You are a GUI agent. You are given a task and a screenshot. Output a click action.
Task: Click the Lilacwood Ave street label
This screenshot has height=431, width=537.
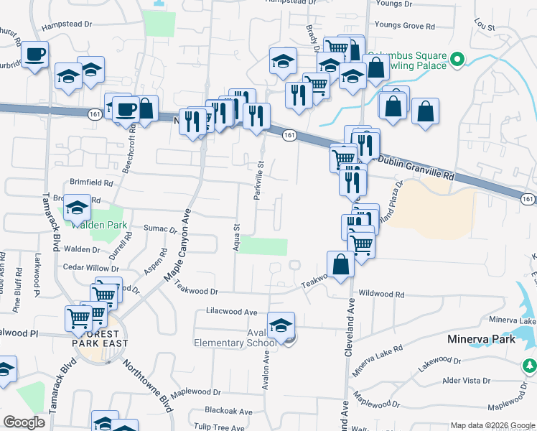pyautogui.click(x=231, y=312)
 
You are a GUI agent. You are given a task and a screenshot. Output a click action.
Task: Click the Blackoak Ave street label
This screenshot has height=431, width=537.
pyautogui.click(x=228, y=412)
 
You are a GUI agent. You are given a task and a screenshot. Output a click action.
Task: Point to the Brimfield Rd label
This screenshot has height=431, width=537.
pyautogui.click(x=91, y=182)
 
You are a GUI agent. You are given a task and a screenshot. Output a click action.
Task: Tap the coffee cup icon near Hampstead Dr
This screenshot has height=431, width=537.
pyautogui.click(x=34, y=55)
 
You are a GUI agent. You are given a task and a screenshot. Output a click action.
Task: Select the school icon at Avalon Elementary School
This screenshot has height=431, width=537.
pyautogui.click(x=281, y=325)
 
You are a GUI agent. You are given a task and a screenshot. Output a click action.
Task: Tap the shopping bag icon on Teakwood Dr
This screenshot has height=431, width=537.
pyautogui.click(x=340, y=264)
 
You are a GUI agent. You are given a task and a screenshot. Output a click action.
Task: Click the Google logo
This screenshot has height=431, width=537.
pyautogui.click(x=25, y=422)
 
